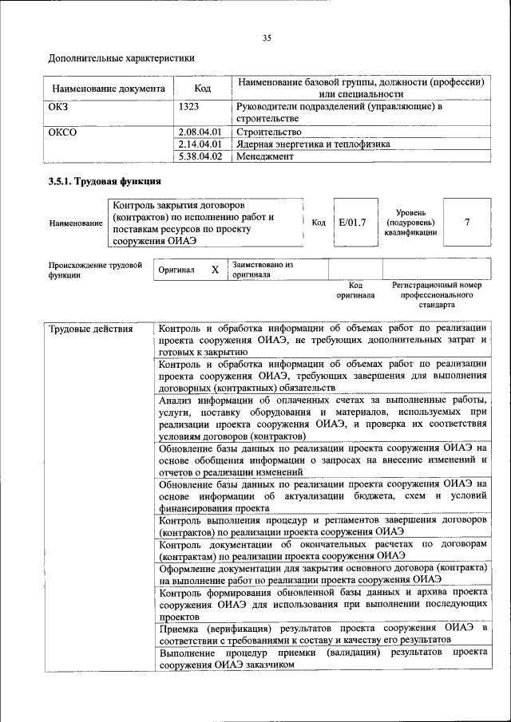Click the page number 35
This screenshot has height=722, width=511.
click(x=267, y=37)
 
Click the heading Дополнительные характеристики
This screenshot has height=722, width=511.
click(x=121, y=58)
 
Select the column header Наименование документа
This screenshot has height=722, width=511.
click(x=109, y=89)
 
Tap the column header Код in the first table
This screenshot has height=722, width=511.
click(x=203, y=89)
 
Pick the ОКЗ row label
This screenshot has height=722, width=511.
click(x=61, y=106)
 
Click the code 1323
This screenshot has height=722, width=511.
click(x=190, y=106)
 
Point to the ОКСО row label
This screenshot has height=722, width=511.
click(x=63, y=131)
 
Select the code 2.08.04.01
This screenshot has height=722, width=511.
click(x=200, y=131)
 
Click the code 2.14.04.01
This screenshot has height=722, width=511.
click(x=200, y=144)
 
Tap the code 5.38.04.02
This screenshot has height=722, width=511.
click(x=200, y=156)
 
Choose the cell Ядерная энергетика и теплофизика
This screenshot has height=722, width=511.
click(x=313, y=144)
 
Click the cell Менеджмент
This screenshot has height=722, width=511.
click(x=265, y=156)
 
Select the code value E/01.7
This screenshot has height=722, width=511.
click(x=351, y=223)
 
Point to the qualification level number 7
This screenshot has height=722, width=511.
click(x=467, y=223)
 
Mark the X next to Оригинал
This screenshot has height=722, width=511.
click(x=215, y=270)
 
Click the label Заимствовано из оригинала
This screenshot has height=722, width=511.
click(x=263, y=269)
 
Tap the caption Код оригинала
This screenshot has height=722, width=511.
click(x=356, y=290)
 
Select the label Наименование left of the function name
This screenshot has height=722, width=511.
click(x=76, y=224)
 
